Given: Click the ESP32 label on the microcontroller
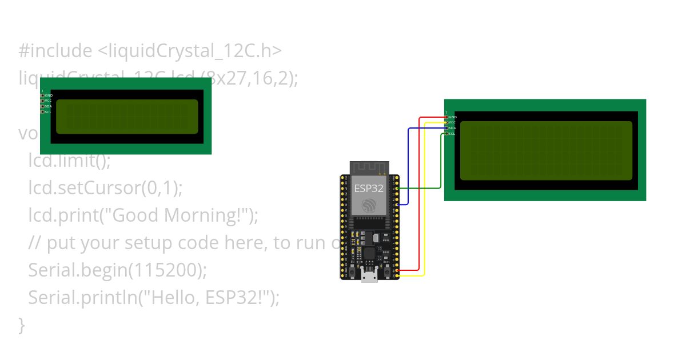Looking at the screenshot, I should (369, 188).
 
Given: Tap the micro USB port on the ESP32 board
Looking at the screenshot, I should (369, 277).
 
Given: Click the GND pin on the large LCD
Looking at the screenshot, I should (446, 117).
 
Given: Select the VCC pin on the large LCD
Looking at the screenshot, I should (446, 122).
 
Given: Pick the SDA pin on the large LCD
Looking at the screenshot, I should (446, 128).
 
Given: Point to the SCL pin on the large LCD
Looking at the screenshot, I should (446, 134).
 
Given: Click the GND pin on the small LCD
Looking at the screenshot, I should (42, 95).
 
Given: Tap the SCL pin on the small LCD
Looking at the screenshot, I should (42, 112).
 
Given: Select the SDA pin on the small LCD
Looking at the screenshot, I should (42, 106).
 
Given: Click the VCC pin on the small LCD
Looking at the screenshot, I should (42, 101).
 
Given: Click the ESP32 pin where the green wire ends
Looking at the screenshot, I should (397, 188).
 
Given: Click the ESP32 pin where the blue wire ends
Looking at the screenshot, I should (397, 204).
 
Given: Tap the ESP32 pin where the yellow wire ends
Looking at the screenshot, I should (397, 276).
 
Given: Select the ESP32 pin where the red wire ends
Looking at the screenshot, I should (397, 270).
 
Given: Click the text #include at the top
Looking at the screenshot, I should (55, 51).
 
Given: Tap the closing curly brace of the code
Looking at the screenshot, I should (22, 326).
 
